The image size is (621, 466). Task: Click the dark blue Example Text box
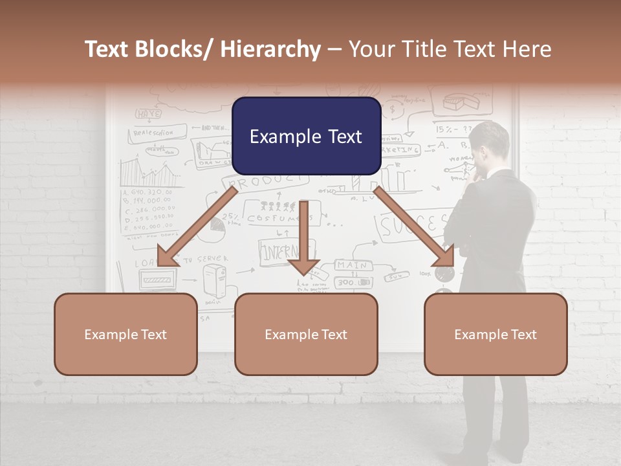click(306, 136)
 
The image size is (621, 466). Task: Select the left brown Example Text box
click(125, 334)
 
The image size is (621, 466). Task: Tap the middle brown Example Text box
click(306, 334)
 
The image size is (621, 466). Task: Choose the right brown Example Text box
click(496, 334)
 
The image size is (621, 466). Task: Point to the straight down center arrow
click(304, 239)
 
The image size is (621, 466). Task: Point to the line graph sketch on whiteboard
click(151, 172)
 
